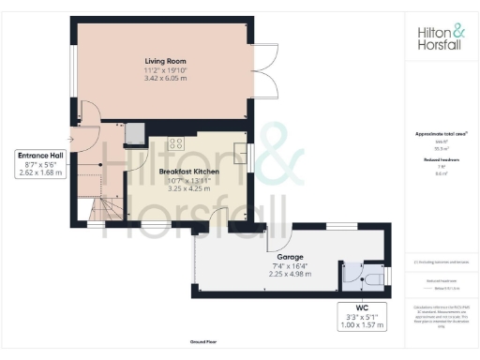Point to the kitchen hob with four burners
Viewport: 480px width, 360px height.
174,143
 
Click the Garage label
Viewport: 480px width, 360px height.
289,255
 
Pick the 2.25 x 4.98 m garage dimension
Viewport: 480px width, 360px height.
289,274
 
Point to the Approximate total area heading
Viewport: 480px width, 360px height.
440,134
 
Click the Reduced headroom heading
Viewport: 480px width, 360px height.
440,160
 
